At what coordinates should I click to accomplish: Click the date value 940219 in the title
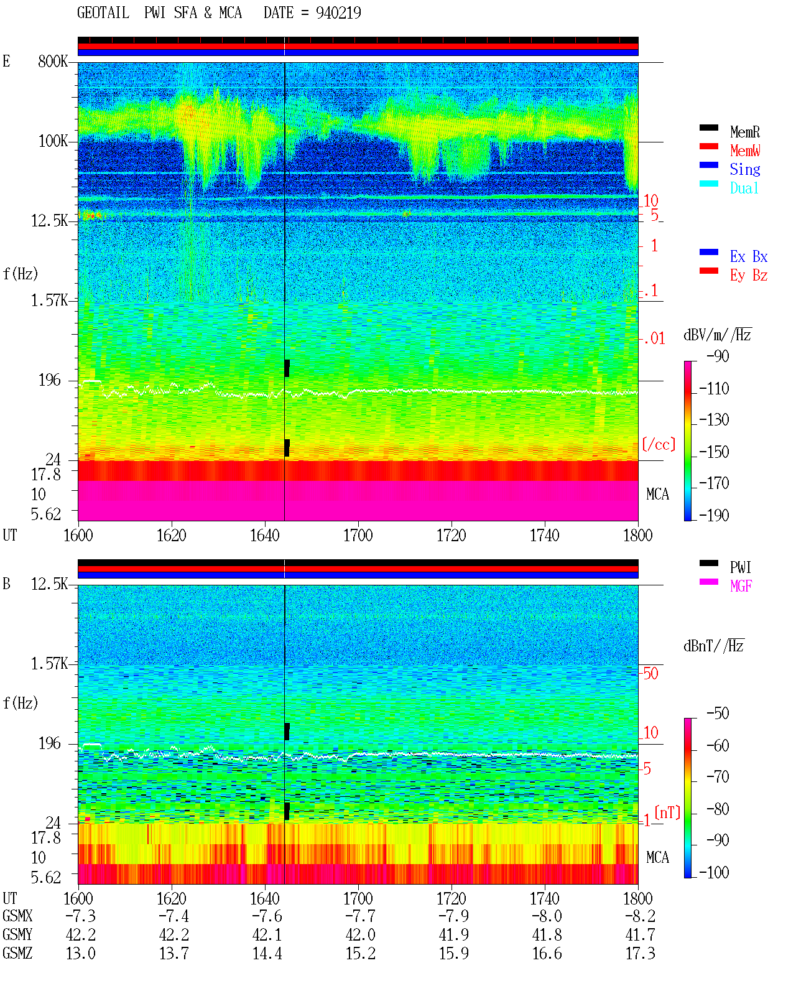tap(338, 13)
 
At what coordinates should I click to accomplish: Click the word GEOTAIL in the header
tap(103, 13)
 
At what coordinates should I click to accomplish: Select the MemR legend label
tap(745, 132)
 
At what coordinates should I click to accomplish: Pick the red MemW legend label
tap(745, 151)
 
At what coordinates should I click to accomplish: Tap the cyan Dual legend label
tap(744, 188)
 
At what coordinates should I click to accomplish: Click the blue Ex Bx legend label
tap(749, 256)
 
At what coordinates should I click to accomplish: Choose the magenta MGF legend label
tap(741, 586)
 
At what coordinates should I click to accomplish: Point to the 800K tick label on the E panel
tap(52, 61)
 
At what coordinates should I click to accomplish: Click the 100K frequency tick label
tap(52, 141)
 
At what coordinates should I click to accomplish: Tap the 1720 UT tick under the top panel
tap(451, 535)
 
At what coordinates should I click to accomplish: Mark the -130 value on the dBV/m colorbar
tap(714, 420)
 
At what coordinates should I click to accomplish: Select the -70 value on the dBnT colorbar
tap(718, 777)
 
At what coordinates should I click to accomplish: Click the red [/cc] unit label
tap(659, 444)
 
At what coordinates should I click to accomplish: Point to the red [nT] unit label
tap(667, 813)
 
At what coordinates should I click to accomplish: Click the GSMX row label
tap(17, 916)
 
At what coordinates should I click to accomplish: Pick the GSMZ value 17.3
tap(640, 953)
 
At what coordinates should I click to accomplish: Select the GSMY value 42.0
tap(361, 935)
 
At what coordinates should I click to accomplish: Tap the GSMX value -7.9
tap(453, 916)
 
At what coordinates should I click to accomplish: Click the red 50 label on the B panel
tap(650, 674)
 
